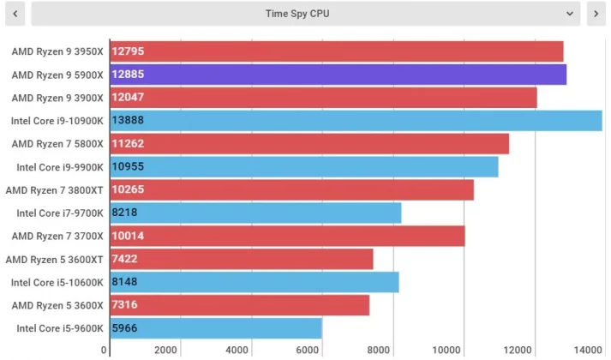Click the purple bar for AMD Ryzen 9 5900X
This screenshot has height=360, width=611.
(338, 75)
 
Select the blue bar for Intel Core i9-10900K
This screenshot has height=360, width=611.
(356, 121)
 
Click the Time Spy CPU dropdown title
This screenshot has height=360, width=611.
(297, 14)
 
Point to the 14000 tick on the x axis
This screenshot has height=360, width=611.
(588, 350)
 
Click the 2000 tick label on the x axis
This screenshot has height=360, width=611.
(165, 350)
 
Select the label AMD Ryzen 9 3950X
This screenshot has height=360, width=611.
(57, 51)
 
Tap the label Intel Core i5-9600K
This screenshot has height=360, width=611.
(60, 328)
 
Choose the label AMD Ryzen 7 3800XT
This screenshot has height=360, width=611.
(55, 190)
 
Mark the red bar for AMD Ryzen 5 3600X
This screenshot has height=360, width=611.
(240, 305)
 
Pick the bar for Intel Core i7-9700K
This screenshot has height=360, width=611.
(255, 213)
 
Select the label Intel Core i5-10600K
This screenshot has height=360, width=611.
(57, 282)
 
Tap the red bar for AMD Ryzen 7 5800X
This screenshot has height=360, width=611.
(309, 144)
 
